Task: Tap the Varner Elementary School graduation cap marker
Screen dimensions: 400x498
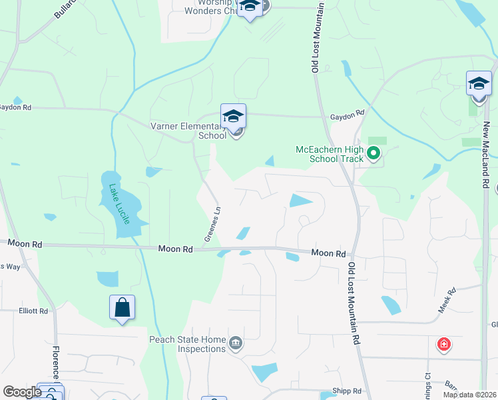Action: [233, 116]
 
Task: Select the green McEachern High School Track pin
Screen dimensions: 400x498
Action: [373, 154]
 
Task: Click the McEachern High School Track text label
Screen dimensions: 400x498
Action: [330, 154]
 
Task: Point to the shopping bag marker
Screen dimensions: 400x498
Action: [122, 307]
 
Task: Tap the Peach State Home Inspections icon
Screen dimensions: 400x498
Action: [235, 344]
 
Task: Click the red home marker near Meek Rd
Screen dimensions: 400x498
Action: [443, 344]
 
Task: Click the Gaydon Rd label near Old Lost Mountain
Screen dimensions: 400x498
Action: [347, 115]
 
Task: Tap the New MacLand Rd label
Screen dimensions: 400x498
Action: [487, 155]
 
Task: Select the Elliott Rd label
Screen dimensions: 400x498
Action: [33, 311]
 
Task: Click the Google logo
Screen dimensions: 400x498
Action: [21, 392]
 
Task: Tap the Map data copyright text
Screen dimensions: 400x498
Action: [470, 395]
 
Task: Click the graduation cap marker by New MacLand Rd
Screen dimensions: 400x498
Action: [479, 83]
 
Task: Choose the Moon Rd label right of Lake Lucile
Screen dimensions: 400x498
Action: [175, 249]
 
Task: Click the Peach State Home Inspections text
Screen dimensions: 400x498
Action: [188, 345]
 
